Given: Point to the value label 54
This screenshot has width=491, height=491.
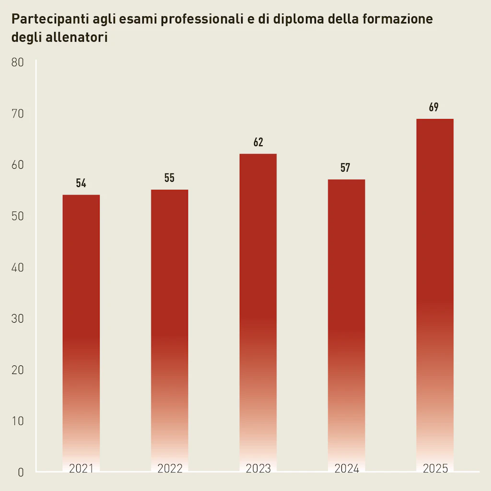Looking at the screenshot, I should pyautogui.click(x=81, y=183).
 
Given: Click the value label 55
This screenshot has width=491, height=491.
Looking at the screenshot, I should pyautogui.click(x=169, y=178).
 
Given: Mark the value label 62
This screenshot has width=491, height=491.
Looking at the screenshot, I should pyautogui.click(x=258, y=142).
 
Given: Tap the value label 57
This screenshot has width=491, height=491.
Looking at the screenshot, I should pyautogui.click(x=345, y=168).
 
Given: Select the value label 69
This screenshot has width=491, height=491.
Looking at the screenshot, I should pyautogui.click(x=434, y=107).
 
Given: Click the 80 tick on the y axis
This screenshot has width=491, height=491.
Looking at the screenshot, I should pyautogui.click(x=17, y=63).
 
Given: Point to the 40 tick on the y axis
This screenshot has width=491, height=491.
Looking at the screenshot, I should pyautogui.click(x=17, y=268).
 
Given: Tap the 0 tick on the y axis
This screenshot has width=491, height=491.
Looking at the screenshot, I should pyautogui.click(x=21, y=472).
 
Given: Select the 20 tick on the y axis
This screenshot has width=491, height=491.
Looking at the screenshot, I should pyautogui.click(x=17, y=370).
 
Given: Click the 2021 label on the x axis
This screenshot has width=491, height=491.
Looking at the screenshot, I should pyautogui.click(x=81, y=468).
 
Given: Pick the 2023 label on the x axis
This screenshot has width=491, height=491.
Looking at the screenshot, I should pyautogui.click(x=258, y=468).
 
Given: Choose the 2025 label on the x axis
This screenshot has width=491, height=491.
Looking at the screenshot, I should pyautogui.click(x=435, y=468).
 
